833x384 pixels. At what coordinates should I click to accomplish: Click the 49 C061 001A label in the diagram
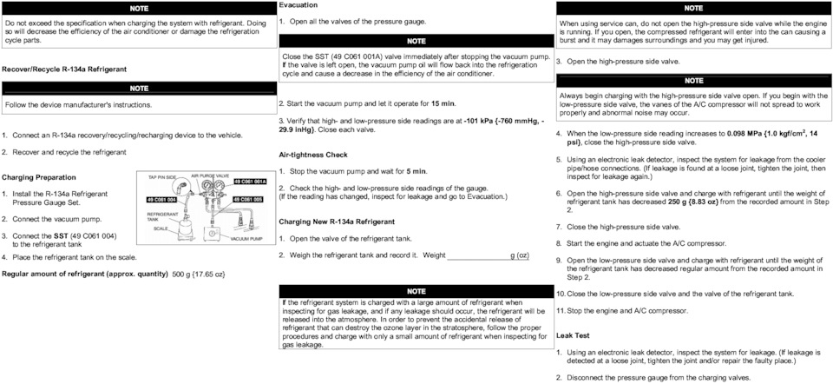click(249, 182)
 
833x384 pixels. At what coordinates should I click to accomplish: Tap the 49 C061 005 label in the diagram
click(249, 200)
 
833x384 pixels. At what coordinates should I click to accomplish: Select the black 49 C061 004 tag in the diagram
click(161, 200)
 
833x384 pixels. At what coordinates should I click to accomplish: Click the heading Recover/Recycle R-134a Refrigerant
click(64, 68)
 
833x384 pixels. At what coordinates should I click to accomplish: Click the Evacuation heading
click(298, 5)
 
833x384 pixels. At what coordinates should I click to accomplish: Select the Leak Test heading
click(573, 334)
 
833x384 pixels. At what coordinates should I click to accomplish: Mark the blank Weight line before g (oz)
click(478, 255)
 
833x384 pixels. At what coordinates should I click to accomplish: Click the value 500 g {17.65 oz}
click(199, 274)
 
